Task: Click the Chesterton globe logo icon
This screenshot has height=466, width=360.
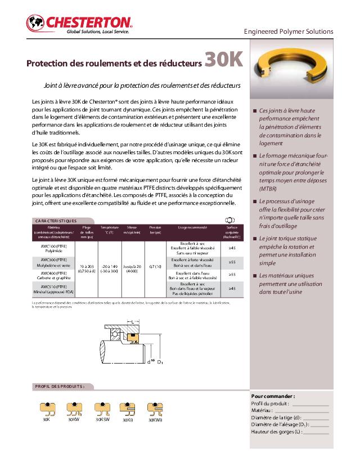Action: point(35,24)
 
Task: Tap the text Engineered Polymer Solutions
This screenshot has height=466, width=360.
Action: point(288,32)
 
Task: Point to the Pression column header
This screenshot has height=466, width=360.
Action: point(155,229)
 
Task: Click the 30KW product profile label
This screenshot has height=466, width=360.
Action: point(74,419)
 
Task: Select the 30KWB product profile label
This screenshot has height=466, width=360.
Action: point(155,420)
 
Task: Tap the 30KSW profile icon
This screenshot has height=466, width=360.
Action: point(101,408)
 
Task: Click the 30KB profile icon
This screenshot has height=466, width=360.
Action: point(128,408)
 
